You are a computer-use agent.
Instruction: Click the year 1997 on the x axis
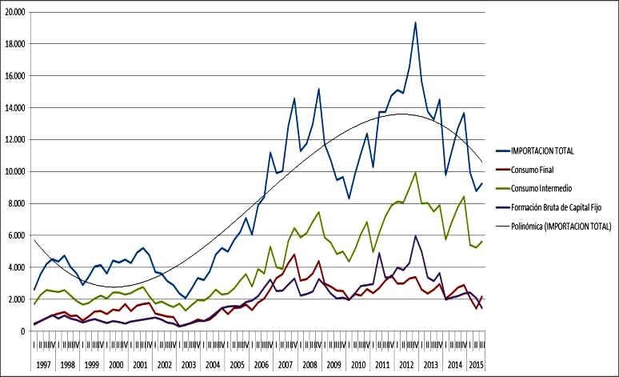(43, 364)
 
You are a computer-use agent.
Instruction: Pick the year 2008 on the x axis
(308, 364)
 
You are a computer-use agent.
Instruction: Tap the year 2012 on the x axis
(406, 364)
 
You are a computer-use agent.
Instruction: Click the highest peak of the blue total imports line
(415, 22)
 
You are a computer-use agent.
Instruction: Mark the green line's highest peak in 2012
(415, 173)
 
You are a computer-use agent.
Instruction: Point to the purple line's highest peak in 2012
(415, 236)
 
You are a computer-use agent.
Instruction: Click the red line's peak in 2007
(294, 255)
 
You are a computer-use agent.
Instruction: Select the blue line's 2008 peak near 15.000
(318, 89)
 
